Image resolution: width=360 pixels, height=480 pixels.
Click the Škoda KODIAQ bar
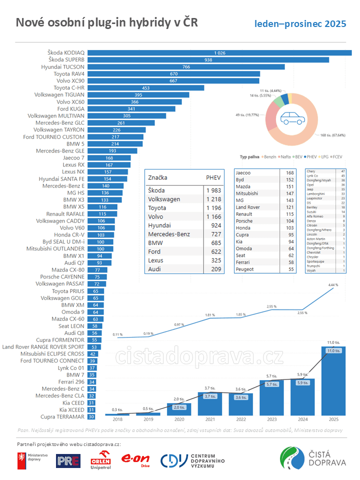(220, 53)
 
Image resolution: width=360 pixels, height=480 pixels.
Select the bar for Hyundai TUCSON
(186, 66)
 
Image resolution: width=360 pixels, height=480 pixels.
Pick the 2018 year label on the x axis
(117, 419)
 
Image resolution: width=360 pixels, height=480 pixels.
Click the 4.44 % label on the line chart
(333, 285)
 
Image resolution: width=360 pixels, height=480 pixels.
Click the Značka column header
(157, 177)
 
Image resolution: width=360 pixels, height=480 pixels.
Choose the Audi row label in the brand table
(155, 269)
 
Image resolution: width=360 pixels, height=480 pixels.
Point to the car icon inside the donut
(291, 118)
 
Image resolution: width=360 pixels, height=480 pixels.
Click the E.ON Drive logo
(136, 460)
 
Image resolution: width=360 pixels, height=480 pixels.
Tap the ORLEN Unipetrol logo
(100, 460)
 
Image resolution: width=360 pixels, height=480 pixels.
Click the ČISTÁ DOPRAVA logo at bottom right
(312, 458)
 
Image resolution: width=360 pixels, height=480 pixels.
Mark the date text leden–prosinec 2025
(300, 24)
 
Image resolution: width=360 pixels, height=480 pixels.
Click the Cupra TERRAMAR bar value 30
(91, 416)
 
